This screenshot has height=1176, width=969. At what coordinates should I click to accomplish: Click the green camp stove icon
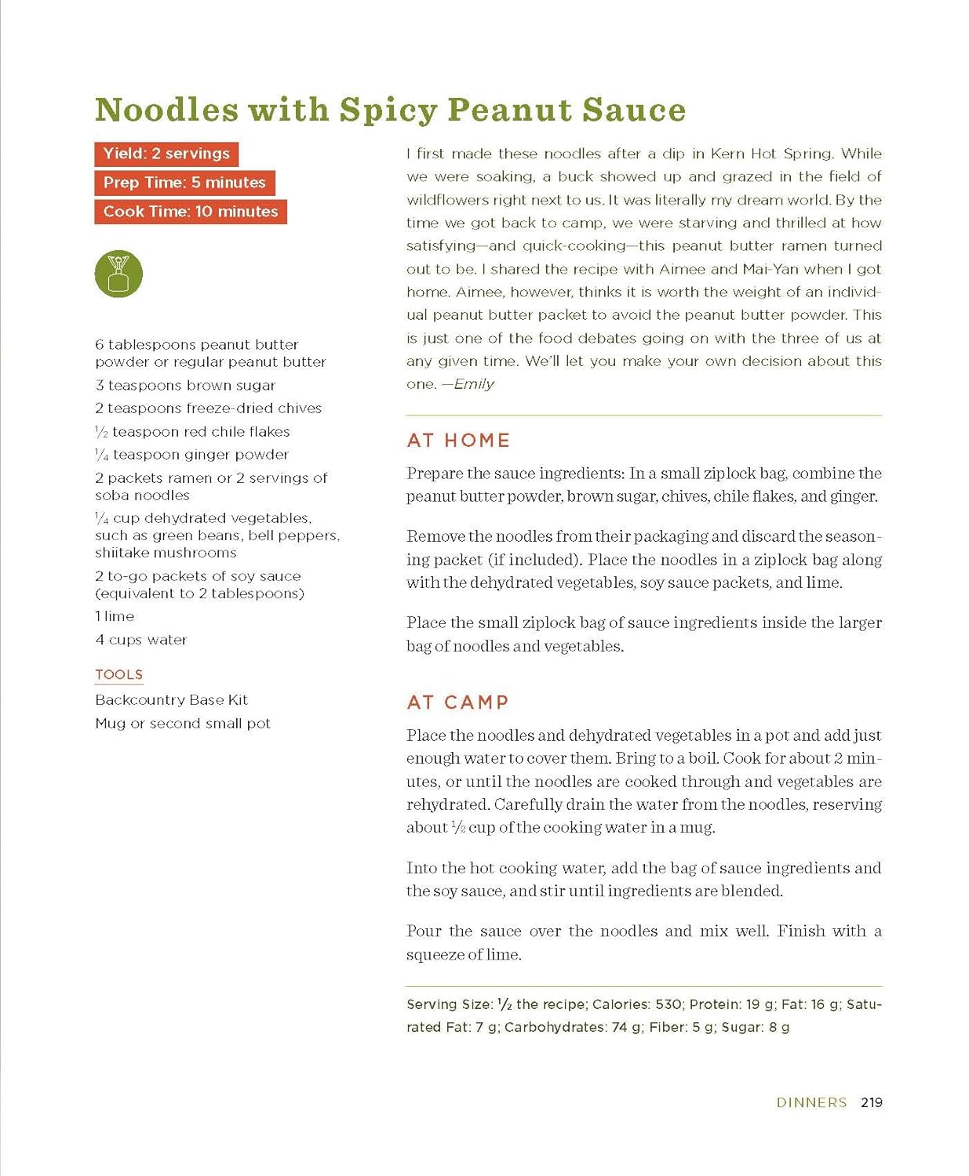point(118,274)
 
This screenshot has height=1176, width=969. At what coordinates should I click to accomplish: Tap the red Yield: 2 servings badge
point(166,154)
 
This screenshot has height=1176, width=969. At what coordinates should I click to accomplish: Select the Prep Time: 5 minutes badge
point(184,183)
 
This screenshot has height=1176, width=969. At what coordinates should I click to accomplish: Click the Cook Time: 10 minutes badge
point(191,212)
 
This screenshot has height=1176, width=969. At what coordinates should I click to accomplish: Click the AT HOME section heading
point(458,441)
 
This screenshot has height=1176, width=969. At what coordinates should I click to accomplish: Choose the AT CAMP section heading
point(457,702)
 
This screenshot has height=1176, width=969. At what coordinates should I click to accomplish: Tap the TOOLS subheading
point(119,675)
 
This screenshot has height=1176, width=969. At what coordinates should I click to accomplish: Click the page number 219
point(872,1102)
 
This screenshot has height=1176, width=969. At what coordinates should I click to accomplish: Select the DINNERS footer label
point(811,1102)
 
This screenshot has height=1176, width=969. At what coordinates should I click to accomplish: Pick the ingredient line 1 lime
point(115,616)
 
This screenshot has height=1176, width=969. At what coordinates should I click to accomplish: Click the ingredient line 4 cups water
point(141,640)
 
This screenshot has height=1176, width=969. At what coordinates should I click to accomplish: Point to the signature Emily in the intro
point(473,384)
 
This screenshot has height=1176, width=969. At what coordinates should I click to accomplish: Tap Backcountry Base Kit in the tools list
point(171,700)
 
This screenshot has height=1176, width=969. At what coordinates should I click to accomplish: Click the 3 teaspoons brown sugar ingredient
point(185,385)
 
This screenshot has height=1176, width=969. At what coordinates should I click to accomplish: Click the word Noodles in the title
point(166,110)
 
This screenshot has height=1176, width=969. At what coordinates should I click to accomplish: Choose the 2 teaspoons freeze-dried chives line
point(208,408)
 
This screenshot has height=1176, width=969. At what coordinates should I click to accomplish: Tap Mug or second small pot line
point(183,724)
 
